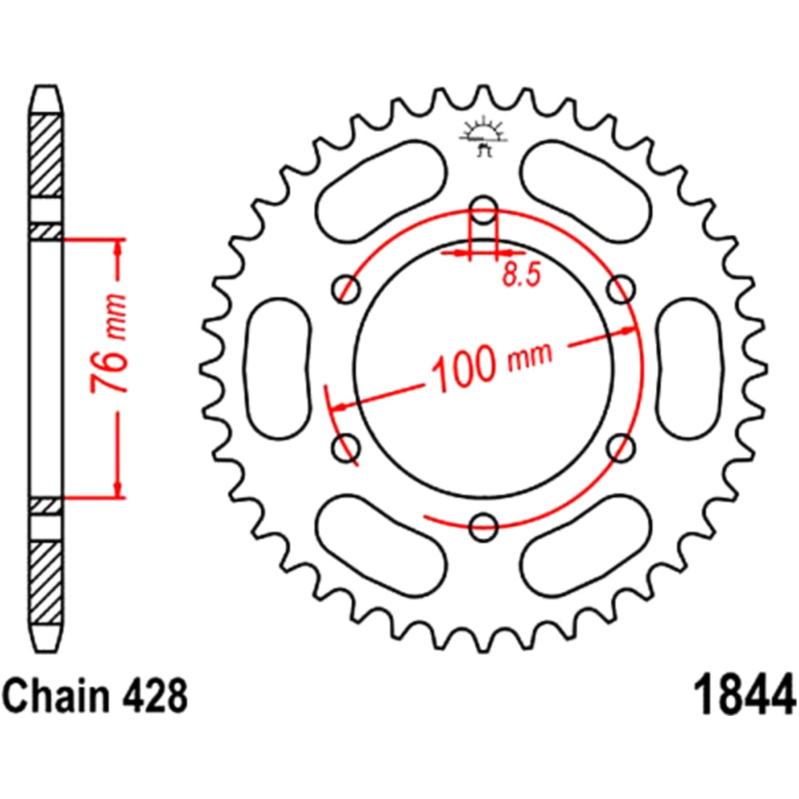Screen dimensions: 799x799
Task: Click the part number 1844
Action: click(745, 696)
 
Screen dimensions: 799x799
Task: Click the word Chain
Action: click(58, 695)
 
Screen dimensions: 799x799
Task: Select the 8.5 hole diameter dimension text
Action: click(520, 275)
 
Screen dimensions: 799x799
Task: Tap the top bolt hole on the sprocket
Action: click(483, 209)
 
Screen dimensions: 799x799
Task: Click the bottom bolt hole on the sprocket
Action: click(483, 526)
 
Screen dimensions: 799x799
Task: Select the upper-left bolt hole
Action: click(346, 289)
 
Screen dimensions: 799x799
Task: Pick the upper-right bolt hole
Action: click(621, 289)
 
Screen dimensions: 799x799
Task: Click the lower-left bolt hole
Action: click(346, 447)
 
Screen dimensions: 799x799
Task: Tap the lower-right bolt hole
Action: click(621, 447)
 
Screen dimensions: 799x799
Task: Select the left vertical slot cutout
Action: click(277, 368)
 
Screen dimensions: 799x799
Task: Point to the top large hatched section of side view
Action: click(46, 156)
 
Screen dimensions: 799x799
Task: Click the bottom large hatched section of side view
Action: click(46, 582)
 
